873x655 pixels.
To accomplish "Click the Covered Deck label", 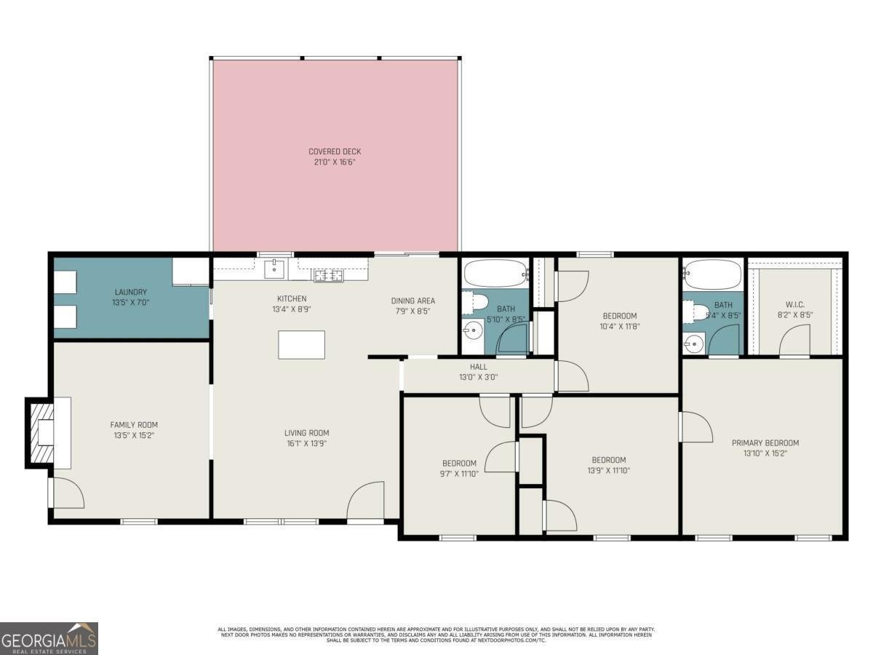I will coord(335,152).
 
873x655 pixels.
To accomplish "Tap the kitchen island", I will coord(301,344).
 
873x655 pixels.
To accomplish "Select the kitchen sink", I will coord(274,269).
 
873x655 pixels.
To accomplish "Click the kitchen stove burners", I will coord(328,274).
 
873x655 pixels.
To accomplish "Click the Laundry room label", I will coord(131,292).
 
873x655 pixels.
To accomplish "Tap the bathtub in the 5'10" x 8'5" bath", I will coord(495,274).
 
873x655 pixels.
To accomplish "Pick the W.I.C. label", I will coord(795,304).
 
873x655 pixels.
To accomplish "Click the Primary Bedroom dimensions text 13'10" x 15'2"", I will coord(765,453).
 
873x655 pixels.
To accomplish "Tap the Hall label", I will coord(478,367).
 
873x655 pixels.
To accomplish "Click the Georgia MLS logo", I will coord(49,638).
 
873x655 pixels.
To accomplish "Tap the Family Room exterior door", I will coord(67,493).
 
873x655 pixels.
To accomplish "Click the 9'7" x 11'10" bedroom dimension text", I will coord(460,474).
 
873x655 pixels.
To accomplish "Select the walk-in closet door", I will coord(794,341).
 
